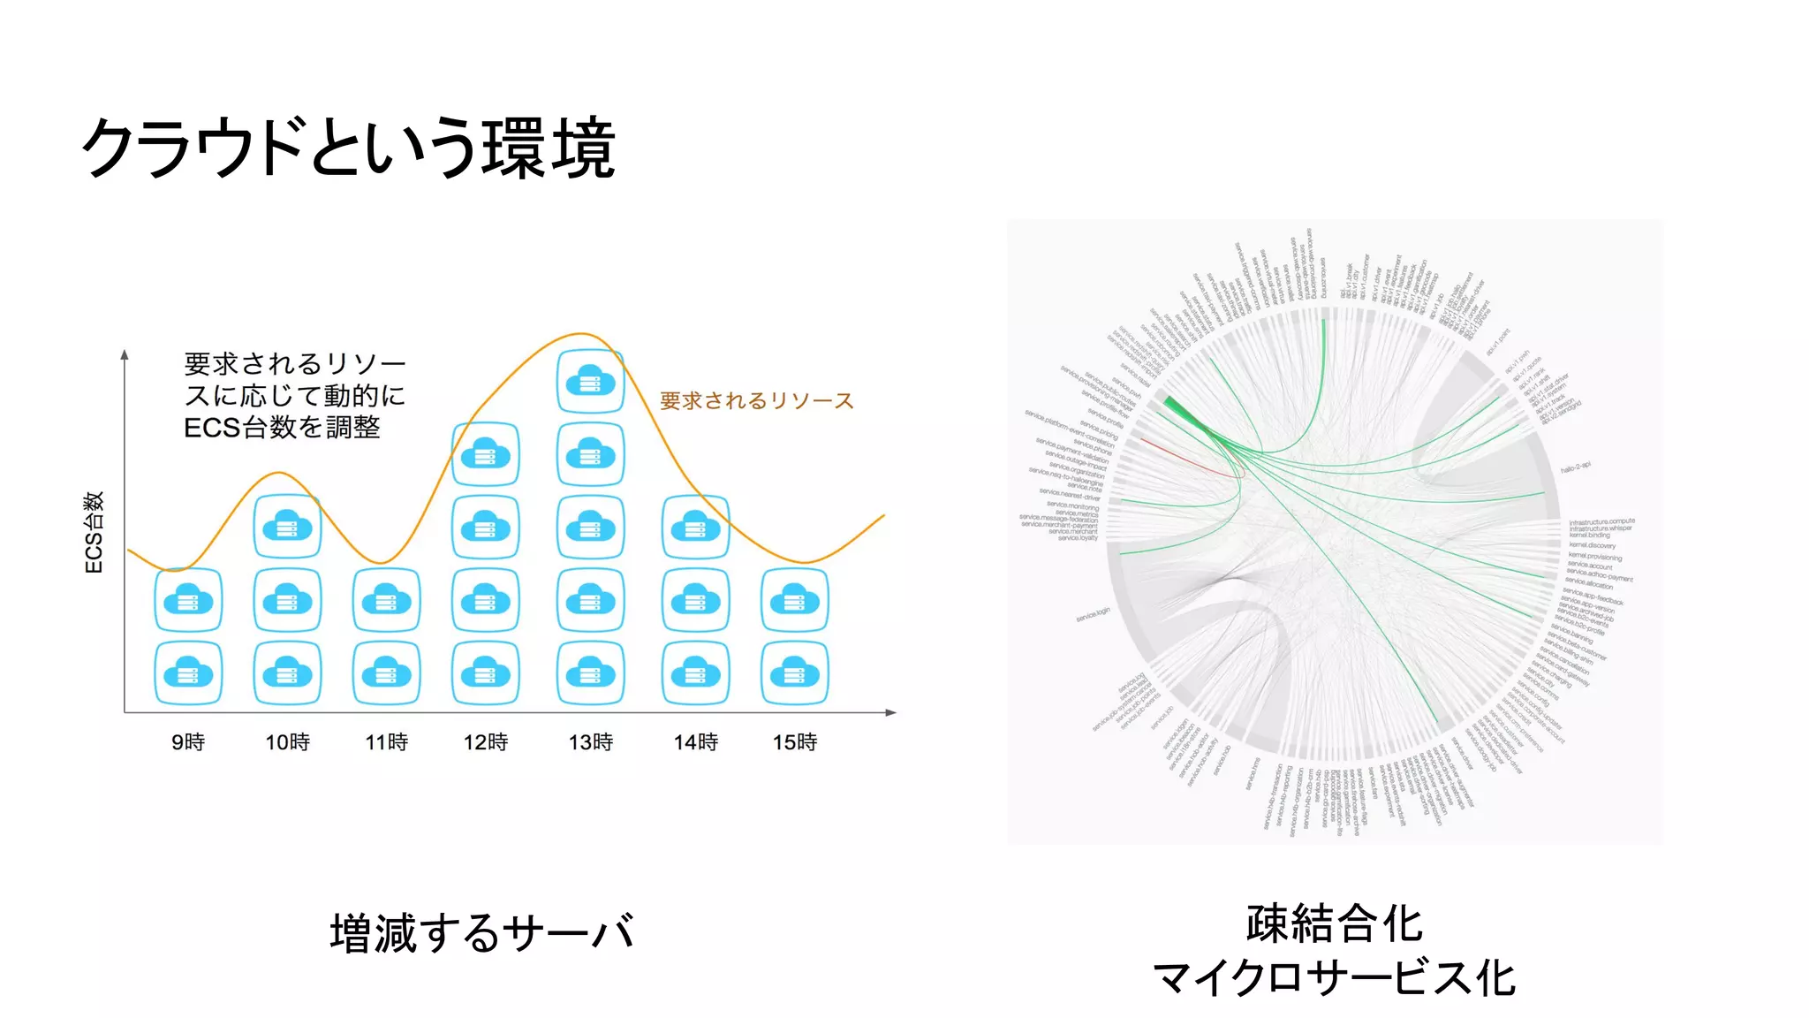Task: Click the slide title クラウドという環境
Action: click(348, 148)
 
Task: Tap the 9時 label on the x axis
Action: click(188, 742)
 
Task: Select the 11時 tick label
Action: click(387, 742)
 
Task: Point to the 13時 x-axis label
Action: click(591, 742)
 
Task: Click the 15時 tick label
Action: click(795, 742)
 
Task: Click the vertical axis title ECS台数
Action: click(94, 532)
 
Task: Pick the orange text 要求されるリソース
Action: click(757, 401)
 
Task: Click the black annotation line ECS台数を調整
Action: click(282, 428)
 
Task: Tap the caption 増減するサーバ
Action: click(482, 933)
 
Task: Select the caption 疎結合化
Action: click(1335, 924)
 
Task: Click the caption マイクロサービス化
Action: click(1335, 979)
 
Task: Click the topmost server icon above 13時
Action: click(591, 382)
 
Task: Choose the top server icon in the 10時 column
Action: click(287, 527)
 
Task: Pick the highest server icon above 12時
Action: click(485, 454)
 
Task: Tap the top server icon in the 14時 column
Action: click(696, 528)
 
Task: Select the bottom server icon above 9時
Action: click(188, 673)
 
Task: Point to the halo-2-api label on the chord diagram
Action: click(1575, 467)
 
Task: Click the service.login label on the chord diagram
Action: click(1093, 614)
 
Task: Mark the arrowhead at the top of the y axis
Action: click(125, 354)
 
